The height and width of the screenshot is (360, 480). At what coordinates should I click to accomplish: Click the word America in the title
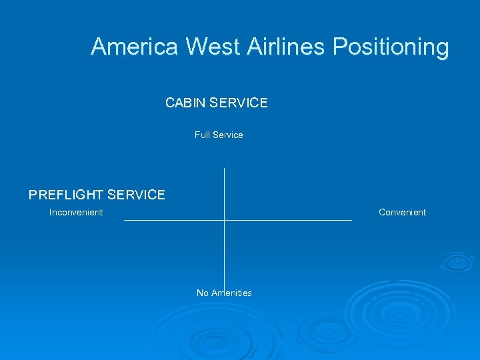point(135,47)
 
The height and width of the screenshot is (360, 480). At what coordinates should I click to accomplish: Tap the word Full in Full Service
point(202,135)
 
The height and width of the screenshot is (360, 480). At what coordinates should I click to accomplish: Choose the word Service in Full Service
point(228,135)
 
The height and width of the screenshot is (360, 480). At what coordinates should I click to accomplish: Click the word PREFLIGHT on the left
point(66,195)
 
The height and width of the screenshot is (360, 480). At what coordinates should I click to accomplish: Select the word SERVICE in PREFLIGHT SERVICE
point(136,195)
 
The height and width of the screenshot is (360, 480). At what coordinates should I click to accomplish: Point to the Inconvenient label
point(76,212)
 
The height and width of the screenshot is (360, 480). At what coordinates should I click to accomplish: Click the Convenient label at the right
point(402,212)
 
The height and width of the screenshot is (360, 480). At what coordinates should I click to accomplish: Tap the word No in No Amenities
point(203,293)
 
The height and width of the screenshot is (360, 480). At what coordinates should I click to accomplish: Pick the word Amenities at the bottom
point(232,293)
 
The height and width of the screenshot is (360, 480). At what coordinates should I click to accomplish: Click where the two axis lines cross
point(224,219)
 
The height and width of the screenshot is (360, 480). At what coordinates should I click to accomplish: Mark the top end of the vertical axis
point(224,169)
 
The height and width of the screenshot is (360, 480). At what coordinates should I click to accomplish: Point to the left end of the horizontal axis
point(125,219)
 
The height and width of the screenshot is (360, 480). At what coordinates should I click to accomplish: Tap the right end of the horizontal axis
point(351,219)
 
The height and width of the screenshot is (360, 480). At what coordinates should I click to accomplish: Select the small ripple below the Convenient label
point(457,261)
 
